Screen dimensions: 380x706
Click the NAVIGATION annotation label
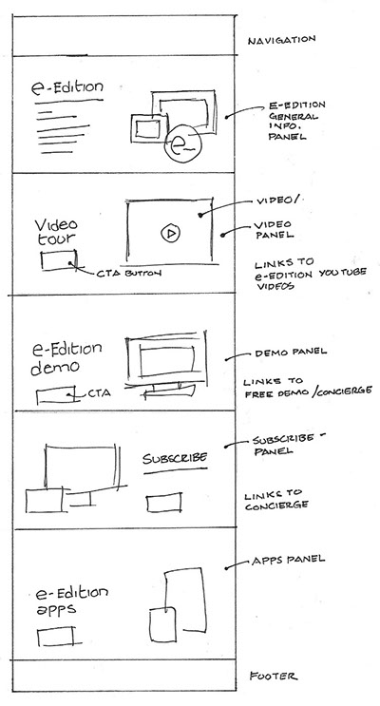point(281,40)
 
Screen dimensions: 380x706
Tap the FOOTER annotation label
point(274,676)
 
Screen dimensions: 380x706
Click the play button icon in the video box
point(170,233)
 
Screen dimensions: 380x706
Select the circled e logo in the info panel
point(183,143)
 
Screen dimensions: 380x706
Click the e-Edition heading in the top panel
point(67,86)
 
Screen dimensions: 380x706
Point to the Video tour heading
point(56,232)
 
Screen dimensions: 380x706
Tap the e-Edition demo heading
point(66,359)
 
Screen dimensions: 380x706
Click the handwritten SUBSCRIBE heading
point(175,458)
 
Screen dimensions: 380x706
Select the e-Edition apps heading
point(71,601)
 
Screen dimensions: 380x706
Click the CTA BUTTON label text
point(128,273)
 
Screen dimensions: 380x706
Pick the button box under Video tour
point(59,260)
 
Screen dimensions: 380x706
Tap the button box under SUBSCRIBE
point(164,502)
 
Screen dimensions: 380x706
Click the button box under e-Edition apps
point(55,638)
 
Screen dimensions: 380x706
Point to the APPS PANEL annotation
point(288,561)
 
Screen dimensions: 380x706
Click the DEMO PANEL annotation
point(291,353)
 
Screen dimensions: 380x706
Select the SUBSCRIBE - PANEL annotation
point(289,444)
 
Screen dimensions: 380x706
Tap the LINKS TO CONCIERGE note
point(276,500)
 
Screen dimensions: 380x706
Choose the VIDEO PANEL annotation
point(274,229)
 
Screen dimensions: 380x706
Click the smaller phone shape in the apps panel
point(162,624)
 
